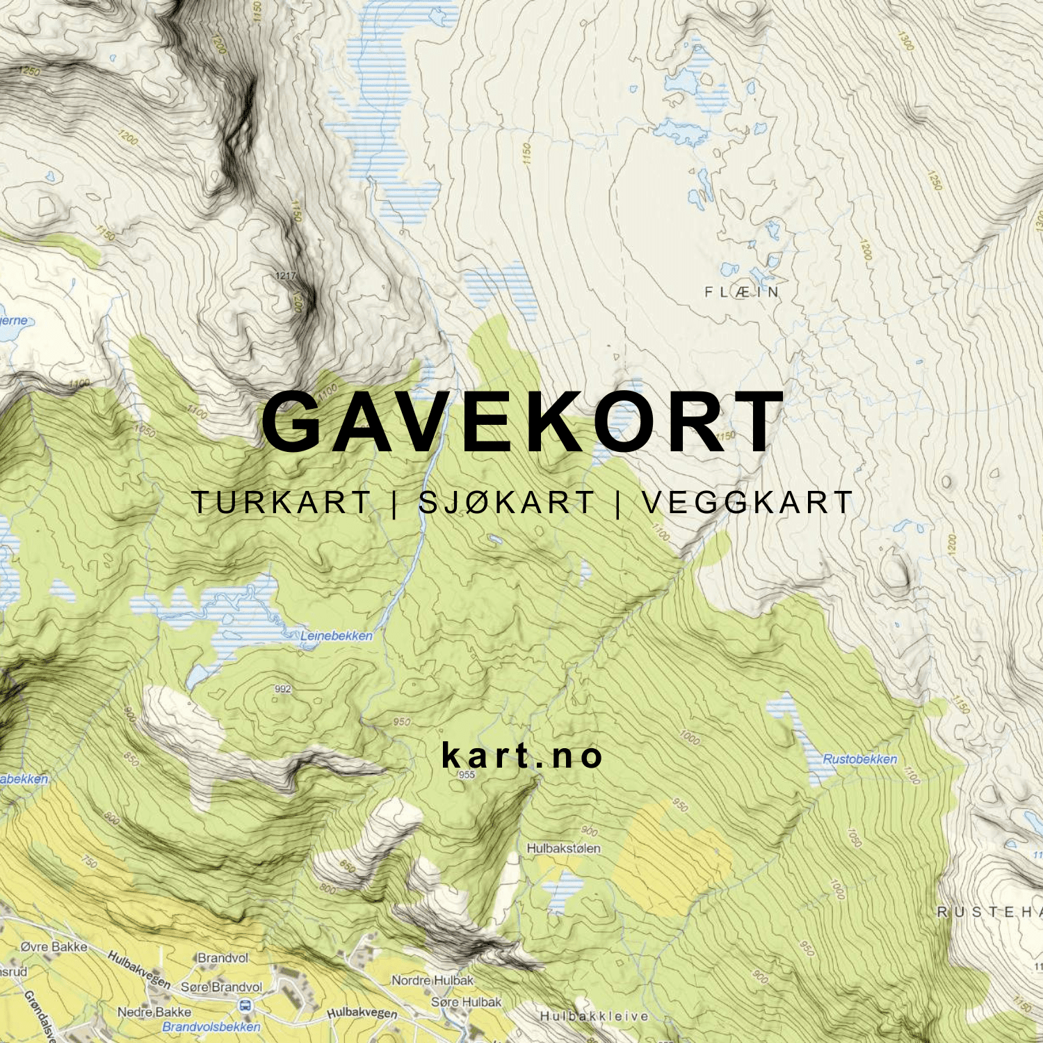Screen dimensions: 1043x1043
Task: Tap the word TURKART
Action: coord(281,503)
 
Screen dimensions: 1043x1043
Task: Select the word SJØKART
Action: coord(506,503)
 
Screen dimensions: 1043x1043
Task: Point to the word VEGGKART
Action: coord(747,503)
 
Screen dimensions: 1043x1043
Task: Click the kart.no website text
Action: coord(522,756)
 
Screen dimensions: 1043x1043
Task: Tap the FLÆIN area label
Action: coord(742,292)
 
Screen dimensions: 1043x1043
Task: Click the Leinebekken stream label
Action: coord(337,636)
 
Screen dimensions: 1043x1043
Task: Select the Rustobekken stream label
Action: coord(860,759)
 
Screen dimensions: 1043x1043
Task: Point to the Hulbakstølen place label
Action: coord(563,848)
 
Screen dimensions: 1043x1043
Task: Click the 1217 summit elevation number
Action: coord(286,276)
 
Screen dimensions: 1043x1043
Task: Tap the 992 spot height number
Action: coord(283,689)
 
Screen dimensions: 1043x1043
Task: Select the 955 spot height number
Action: coord(467,775)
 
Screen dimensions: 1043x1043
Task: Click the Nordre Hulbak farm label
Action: coord(432,980)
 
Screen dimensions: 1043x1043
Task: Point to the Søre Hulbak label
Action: coord(466,1002)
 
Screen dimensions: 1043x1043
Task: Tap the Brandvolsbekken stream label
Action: coord(211,1027)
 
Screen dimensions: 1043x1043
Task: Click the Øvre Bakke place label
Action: coord(54,946)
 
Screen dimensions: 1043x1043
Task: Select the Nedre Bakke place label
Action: coord(154,1012)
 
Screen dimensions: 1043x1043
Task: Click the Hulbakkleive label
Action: coord(595,1016)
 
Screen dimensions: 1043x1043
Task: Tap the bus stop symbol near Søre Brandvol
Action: coord(245,1005)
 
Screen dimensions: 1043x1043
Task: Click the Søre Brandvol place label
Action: coord(222,987)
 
